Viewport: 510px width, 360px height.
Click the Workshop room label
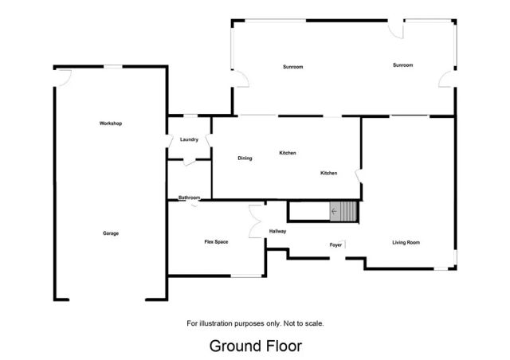click(111, 123)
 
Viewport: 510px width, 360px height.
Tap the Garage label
click(111, 233)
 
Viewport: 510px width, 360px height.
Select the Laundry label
click(189, 139)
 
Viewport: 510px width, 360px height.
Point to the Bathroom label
click(189, 198)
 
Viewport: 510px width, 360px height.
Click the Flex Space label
click(217, 241)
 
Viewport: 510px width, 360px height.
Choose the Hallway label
click(277, 231)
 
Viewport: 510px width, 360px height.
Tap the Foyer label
click(335, 245)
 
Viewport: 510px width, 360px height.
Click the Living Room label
click(406, 242)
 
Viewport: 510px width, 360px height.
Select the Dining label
click(245, 158)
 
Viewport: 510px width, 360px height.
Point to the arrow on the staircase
click(334, 212)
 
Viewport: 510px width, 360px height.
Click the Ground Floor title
click(255, 346)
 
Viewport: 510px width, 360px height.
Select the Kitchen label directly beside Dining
click(287, 152)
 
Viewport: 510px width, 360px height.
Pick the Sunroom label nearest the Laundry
click(292, 67)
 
